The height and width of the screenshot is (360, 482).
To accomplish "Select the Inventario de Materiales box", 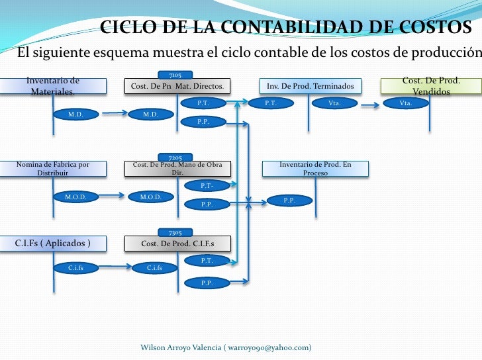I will coord(53,86).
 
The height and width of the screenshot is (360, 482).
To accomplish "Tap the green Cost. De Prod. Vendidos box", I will coord(431,86).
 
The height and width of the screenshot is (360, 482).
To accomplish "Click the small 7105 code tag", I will coord(176,75).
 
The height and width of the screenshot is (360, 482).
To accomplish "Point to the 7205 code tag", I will coord(176,157).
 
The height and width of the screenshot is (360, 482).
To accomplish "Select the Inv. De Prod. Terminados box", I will coord(310,87).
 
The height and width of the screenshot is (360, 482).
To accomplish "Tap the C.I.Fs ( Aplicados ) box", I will coord(53,244).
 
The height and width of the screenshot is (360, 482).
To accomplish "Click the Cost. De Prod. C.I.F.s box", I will coord(177,244).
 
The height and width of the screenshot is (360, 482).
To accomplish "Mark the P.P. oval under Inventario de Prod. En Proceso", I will coord(289,200).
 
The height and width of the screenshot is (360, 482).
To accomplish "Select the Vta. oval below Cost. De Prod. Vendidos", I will coord(407,103).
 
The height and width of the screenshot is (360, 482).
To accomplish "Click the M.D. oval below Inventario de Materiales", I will coord(76,114).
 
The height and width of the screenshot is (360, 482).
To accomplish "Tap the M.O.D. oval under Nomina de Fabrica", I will coord(76,197).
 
